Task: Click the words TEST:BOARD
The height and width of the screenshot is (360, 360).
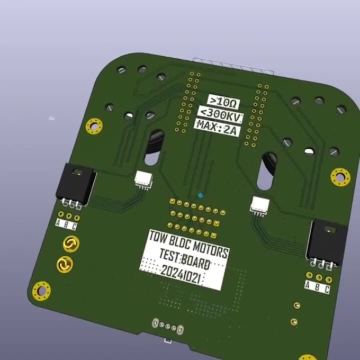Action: pos(184,259)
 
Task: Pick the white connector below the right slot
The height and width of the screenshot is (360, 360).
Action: pos(260,204)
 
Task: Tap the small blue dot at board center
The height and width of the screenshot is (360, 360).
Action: pos(200,196)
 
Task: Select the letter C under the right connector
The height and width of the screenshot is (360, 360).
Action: pos(327,289)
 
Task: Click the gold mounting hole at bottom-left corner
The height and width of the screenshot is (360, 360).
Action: pos(41,291)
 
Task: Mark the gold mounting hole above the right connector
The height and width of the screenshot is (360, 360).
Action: pos(340,176)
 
